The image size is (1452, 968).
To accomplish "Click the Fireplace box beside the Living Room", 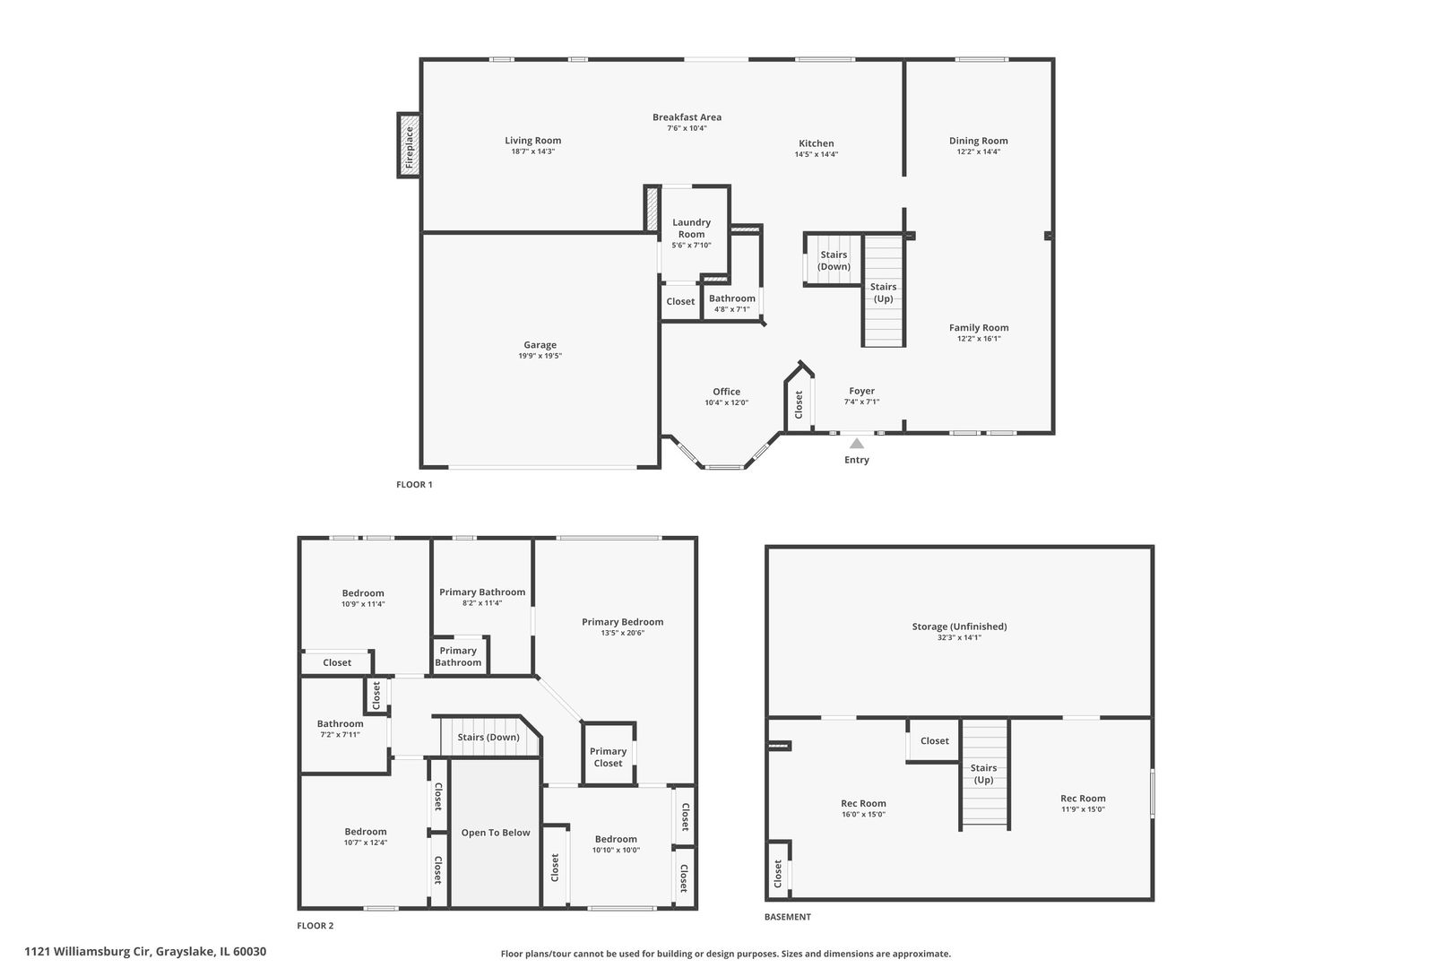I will pyautogui.click(x=409, y=145).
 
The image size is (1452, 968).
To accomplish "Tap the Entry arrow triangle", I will pyautogui.click(x=857, y=443).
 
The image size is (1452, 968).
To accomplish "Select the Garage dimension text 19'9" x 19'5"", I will pyautogui.click(x=540, y=356).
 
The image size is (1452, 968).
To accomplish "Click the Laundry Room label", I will pyautogui.click(x=691, y=228).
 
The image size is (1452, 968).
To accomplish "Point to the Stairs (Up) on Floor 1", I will pyautogui.click(x=884, y=291).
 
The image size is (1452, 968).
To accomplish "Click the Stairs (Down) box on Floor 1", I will pyautogui.click(x=834, y=260).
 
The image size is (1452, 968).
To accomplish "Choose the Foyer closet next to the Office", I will pyautogui.click(x=799, y=402).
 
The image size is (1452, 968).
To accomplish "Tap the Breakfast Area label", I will pyautogui.click(x=687, y=117).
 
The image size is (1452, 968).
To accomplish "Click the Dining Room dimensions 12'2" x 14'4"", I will pyautogui.click(x=978, y=151).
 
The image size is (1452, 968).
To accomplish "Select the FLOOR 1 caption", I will pyautogui.click(x=414, y=484).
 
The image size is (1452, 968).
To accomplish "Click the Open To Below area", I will pyautogui.click(x=496, y=833).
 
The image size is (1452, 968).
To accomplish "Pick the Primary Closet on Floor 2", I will pyautogui.click(x=608, y=756).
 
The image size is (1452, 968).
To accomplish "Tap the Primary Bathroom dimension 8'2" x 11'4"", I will pyautogui.click(x=481, y=603).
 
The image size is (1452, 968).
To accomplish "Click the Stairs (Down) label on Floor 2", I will pyautogui.click(x=488, y=737).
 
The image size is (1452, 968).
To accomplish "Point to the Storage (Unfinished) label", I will pyautogui.click(x=959, y=627).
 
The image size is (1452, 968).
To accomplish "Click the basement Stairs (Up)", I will pyautogui.click(x=984, y=773).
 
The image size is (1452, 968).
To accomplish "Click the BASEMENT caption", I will pyautogui.click(x=787, y=917).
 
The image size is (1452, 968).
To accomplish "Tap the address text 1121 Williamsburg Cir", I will pyautogui.click(x=89, y=952).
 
